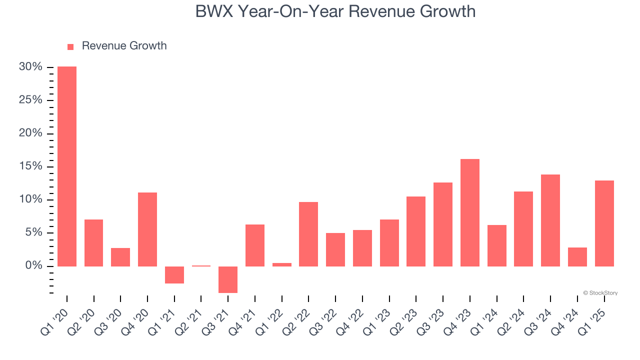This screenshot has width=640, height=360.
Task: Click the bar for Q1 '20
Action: [67, 166]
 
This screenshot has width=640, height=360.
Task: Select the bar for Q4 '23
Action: [470, 212]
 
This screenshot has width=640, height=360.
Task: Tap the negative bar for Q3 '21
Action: [228, 279]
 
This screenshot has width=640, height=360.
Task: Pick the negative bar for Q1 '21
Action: [174, 275]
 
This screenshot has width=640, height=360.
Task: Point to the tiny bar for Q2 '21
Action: [201, 266]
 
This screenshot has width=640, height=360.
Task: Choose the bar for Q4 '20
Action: [147, 229]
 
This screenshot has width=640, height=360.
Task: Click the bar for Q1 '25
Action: [604, 223]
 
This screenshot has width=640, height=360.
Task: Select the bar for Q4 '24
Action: [577, 257]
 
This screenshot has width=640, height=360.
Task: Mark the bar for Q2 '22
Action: [308, 234]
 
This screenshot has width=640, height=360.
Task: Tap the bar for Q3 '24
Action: [550, 220]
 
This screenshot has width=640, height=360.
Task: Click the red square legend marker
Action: [70, 47]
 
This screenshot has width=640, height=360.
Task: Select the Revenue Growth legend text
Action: [124, 46]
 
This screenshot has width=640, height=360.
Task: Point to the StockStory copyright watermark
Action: [600, 293]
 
